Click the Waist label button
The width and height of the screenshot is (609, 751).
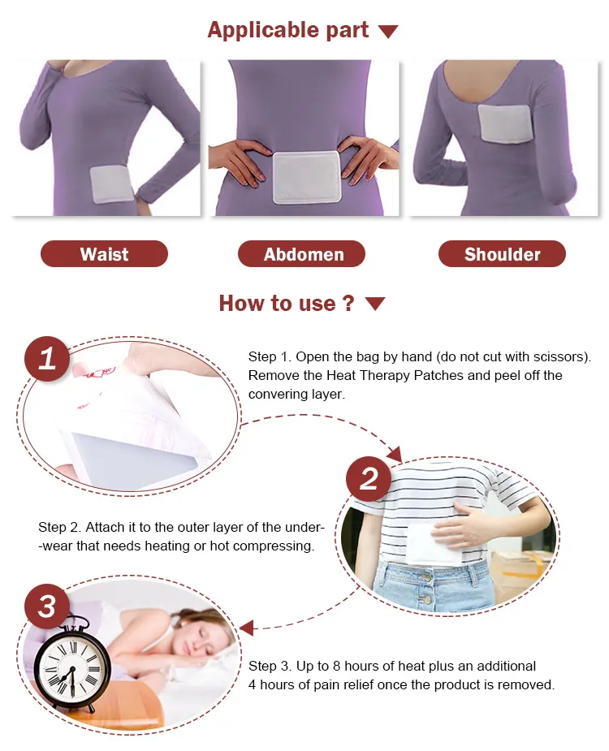104,254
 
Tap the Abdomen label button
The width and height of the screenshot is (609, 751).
301,254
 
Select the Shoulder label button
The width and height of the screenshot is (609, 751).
502,254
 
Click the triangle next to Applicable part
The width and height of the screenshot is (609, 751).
388,32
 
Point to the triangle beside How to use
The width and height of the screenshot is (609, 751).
374,304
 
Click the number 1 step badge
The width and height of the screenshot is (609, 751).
47,359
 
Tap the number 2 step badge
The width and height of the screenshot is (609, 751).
369,479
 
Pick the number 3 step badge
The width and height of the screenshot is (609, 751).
47,606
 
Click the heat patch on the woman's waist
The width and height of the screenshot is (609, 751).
110,184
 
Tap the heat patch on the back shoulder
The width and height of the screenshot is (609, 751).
505,123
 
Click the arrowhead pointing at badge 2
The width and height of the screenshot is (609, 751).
395,454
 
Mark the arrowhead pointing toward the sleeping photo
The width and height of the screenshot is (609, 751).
246,628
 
